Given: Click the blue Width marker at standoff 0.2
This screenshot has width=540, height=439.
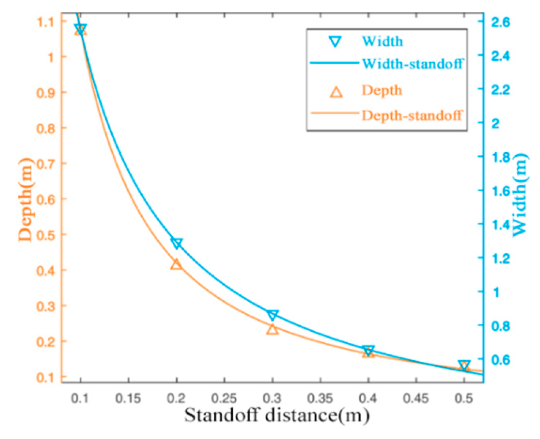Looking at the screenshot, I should click(176, 243).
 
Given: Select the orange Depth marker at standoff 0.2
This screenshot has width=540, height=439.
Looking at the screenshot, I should click(176, 264).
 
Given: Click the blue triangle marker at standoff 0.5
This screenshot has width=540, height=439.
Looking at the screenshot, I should click(464, 365).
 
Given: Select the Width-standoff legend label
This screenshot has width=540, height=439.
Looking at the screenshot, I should click(412, 64).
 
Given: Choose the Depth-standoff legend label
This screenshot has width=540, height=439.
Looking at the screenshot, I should click(412, 115).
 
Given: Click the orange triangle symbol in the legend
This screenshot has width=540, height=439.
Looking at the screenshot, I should click(336, 92).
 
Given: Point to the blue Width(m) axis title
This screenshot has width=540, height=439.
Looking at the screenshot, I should click(520, 194).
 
